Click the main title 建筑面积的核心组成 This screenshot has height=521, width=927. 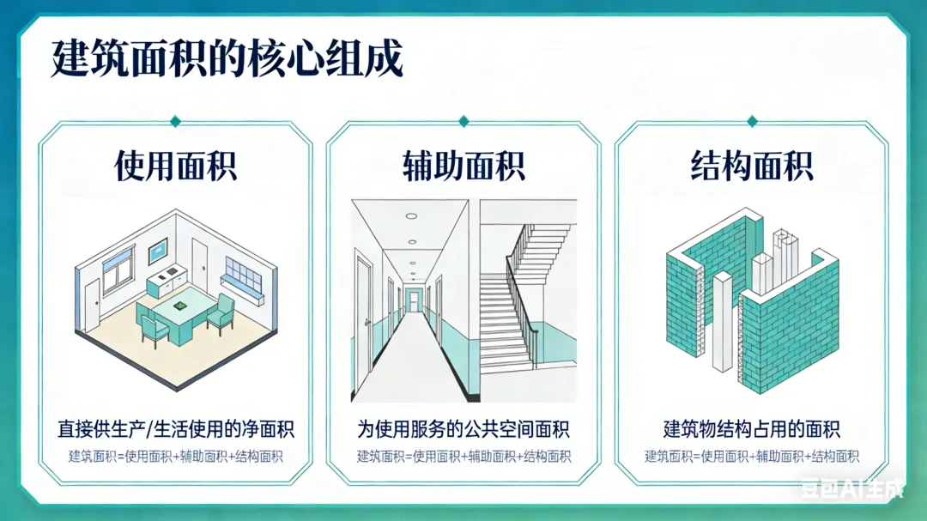tap(227, 60)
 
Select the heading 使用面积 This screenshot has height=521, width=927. tap(175, 166)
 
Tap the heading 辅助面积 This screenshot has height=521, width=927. tap(463, 166)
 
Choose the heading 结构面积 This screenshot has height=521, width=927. tap(752, 166)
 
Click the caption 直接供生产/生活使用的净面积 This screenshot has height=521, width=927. tap(175, 428)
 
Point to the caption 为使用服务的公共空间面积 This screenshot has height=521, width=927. tap(463, 428)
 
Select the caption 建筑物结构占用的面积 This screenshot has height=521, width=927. tap(752, 428)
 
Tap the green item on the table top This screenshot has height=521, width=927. tap(180, 305)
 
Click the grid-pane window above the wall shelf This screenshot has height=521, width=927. tap(243, 273)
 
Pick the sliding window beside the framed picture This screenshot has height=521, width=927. tap(118, 267)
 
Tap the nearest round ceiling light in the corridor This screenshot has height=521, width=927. tap(412, 216)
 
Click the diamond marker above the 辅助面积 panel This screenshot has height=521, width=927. tap(463, 121)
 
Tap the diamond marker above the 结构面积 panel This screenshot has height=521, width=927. tap(752, 121)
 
